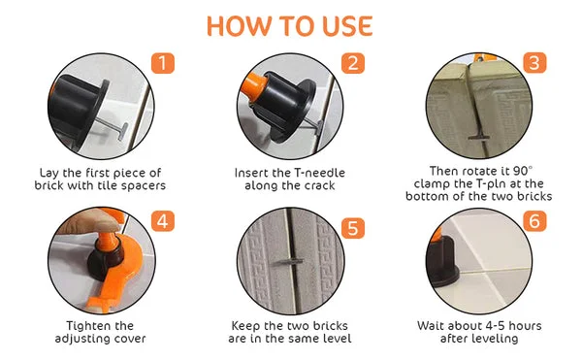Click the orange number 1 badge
point(163,63)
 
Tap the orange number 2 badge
point(353,63)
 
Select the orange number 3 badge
point(534,62)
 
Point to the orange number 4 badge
point(163,221)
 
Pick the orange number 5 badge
point(353,227)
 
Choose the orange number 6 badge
point(534,221)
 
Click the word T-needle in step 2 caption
point(319,173)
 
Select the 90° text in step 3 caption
point(523,171)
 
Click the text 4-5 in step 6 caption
point(492,326)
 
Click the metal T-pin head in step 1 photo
point(123,132)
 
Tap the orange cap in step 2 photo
point(254,87)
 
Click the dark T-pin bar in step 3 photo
point(478,138)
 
